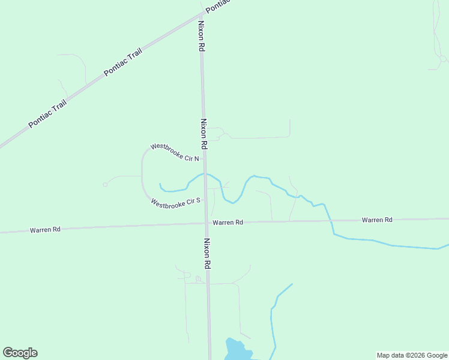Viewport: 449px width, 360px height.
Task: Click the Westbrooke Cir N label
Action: tap(174, 152)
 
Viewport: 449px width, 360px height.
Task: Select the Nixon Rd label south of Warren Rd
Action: tap(207, 253)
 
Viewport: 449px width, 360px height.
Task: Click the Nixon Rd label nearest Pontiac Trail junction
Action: tap(201, 37)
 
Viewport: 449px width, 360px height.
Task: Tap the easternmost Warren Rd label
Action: tap(377, 220)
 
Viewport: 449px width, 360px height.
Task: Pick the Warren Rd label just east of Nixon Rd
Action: tap(228, 222)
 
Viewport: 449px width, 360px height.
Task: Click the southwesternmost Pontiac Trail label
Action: tap(47, 114)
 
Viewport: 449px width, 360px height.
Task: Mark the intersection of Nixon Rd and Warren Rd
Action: tap(207, 223)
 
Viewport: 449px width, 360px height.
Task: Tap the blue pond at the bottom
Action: tap(236, 349)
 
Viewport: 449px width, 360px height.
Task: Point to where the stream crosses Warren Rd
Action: tap(331, 220)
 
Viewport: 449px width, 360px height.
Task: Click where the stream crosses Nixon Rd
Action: tap(205, 174)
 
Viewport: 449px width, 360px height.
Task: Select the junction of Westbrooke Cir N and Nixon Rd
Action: tap(205, 158)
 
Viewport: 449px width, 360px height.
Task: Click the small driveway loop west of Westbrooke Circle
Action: tap(105, 184)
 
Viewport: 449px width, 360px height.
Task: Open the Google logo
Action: tap(20, 353)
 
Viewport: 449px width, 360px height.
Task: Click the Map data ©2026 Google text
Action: tap(412, 355)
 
